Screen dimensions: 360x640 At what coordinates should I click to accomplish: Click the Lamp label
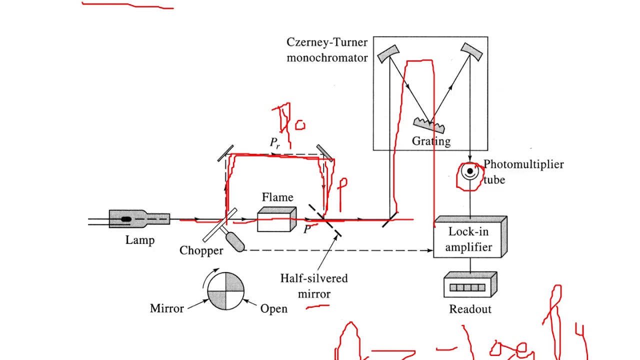pyautogui.click(x=140, y=240)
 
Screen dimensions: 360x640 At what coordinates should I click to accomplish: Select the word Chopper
pyautogui.click(x=201, y=250)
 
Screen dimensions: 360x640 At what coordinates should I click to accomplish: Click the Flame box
pyautogui.click(x=276, y=219)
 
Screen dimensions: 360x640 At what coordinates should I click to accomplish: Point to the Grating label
pyautogui.click(x=431, y=141)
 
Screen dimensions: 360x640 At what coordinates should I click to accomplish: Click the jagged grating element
pyautogui.click(x=429, y=124)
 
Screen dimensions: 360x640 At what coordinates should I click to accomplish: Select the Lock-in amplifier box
pyautogui.click(x=469, y=239)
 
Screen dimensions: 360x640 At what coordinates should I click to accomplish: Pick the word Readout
pyautogui.click(x=470, y=309)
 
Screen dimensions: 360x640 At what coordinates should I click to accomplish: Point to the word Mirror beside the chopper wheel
pyautogui.click(x=167, y=308)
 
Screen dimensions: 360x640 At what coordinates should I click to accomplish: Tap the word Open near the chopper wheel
pyautogui.click(x=274, y=309)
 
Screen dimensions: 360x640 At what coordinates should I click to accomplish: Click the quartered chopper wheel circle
pyautogui.click(x=225, y=291)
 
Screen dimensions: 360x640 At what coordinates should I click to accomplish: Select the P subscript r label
pyautogui.click(x=275, y=143)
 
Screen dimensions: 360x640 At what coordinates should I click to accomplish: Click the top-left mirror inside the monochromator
pyautogui.click(x=388, y=53)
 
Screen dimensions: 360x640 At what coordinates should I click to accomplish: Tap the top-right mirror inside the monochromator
pyautogui.click(x=471, y=51)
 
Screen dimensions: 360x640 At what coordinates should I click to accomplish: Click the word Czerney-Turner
pyautogui.click(x=327, y=42)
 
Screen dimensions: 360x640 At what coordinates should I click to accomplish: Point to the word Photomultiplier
pyautogui.click(x=523, y=164)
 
